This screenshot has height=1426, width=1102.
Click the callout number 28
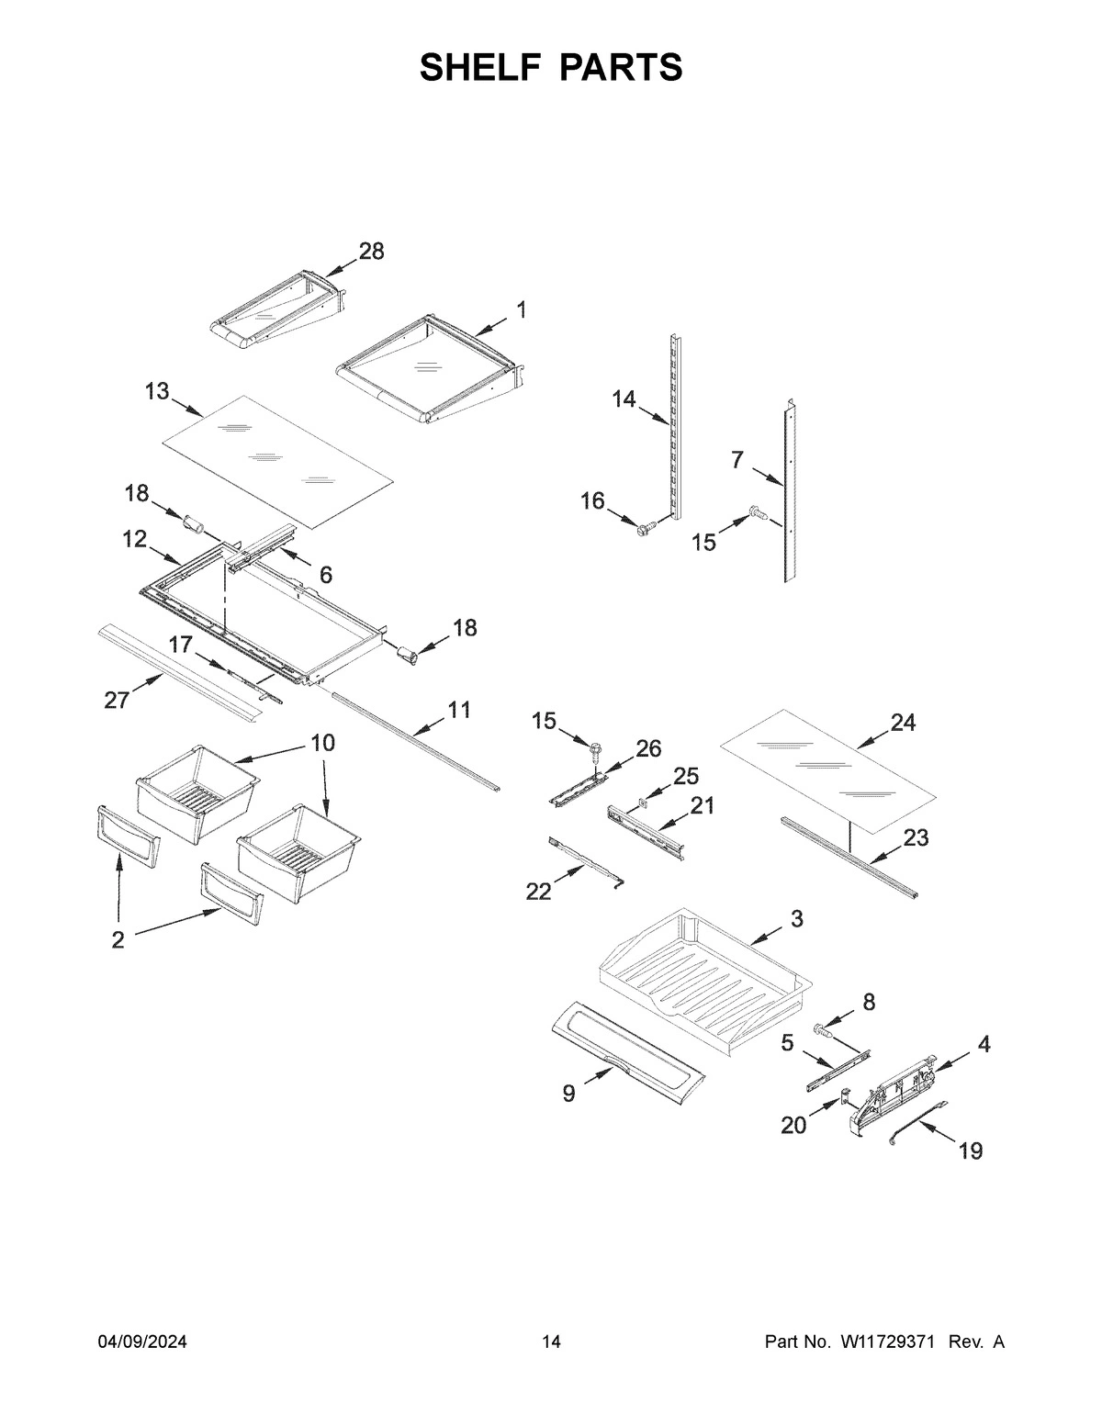click(371, 252)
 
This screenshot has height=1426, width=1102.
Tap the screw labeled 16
click(644, 527)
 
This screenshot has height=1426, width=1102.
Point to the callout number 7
click(737, 461)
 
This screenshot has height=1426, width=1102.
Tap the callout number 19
click(971, 1151)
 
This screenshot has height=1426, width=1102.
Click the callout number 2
click(118, 940)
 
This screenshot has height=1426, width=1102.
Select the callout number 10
click(322, 743)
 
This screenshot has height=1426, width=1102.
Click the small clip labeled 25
click(642, 804)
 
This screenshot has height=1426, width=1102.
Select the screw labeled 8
click(823, 1033)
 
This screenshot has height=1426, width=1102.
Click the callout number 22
click(538, 891)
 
